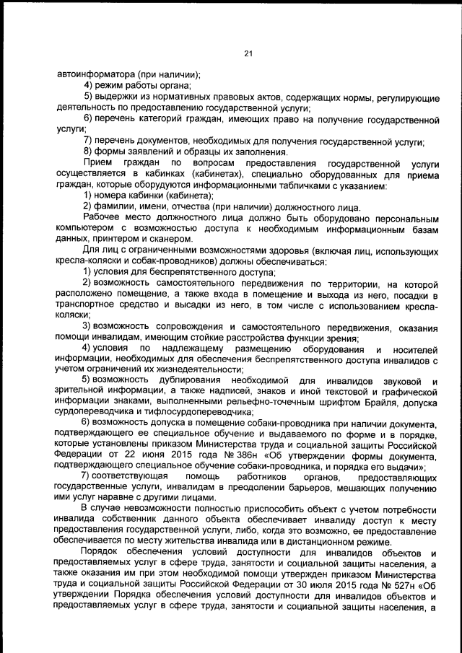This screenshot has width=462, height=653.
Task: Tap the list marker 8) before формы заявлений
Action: tap(90, 152)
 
